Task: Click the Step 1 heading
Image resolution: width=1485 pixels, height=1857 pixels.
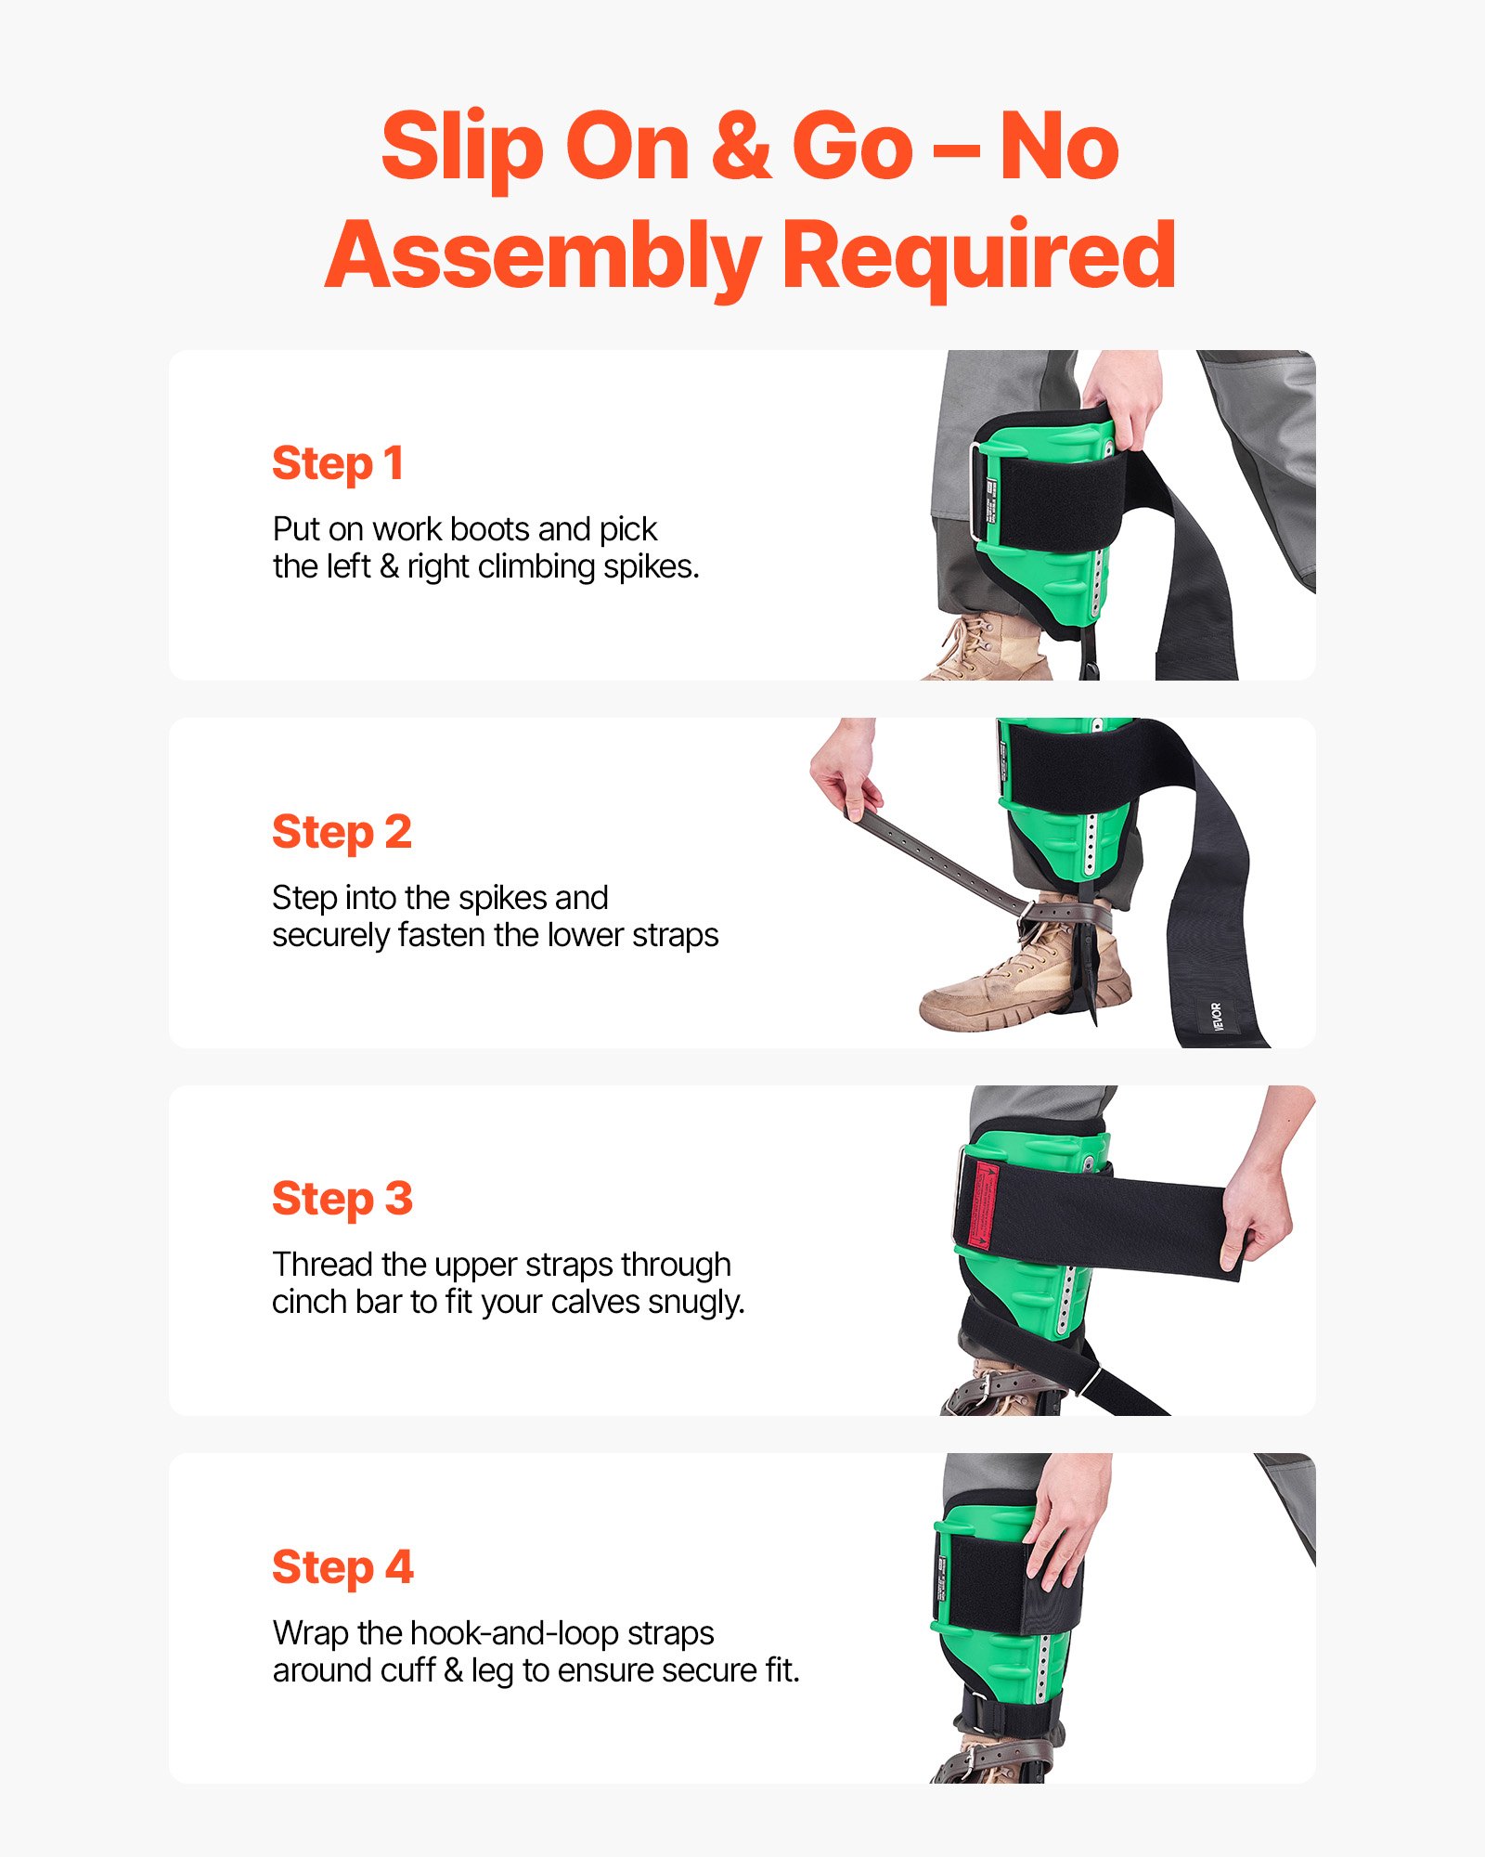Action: click(x=338, y=463)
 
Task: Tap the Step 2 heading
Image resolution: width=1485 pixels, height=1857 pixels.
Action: click(x=342, y=831)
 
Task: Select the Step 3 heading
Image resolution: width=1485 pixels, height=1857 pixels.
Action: click(x=342, y=1199)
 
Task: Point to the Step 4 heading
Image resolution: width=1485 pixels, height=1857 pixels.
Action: click(x=342, y=1567)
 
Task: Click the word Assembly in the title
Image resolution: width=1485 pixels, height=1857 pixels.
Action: click(x=542, y=256)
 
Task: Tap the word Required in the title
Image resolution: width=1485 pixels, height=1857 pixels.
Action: click(x=979, y=256)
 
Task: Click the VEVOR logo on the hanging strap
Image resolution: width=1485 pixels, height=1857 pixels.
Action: click(x=1217, y=1016)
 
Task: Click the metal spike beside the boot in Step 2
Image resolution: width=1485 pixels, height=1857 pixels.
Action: click(x=1088, y=975)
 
